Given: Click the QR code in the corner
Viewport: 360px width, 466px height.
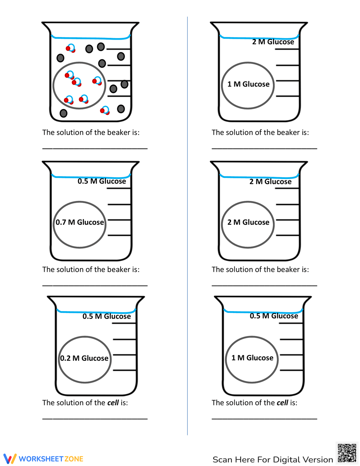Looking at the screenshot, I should pyautogui.click(x=347, y=453).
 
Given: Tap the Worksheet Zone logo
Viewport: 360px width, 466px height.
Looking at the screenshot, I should pyautogui.click(x=44, y=459).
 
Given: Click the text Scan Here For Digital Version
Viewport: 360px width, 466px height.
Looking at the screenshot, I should pyautogui.click(x=273, y=460).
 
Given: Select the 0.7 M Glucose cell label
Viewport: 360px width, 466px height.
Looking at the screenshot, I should pyautogui.click(x=80, y=223).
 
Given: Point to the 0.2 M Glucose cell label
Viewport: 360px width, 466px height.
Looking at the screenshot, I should pyautogui.click(x=84, y=358).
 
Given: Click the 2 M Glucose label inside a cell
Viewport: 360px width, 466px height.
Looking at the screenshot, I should pyautogui.click(x=248, y=223).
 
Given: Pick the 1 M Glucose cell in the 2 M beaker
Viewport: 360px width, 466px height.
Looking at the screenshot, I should pyautogui.click(x=248, y=84).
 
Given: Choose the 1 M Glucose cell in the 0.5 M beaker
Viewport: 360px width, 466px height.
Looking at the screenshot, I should pyautogui.click(x=252, y=358).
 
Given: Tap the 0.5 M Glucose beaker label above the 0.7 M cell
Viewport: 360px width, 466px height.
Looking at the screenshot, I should pyautogui.click(x=102, y=181).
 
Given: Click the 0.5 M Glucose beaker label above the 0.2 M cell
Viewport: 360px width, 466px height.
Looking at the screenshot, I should pyautogui.click(x=107, y=317).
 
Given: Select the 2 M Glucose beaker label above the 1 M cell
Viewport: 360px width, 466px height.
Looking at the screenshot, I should pyautogui.click(x=273, y=42).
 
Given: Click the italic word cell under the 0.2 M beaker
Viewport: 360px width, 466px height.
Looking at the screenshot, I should pyautogui.click(x=113, y=403).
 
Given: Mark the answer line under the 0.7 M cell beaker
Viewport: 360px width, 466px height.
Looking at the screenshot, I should pyautogui.click(x=95, y=285).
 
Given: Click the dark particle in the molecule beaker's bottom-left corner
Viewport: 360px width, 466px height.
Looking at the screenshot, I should pyautogui.click(x=63, y=113).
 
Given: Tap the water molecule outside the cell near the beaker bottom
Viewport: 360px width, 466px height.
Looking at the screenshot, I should pyautogui.click(x=105, y=111).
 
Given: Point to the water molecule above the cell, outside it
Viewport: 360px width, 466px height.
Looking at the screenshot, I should pyautogui.click(x=71, y=48).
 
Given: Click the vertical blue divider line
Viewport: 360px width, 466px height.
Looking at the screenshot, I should pyautogui.click(x=187, y=223).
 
